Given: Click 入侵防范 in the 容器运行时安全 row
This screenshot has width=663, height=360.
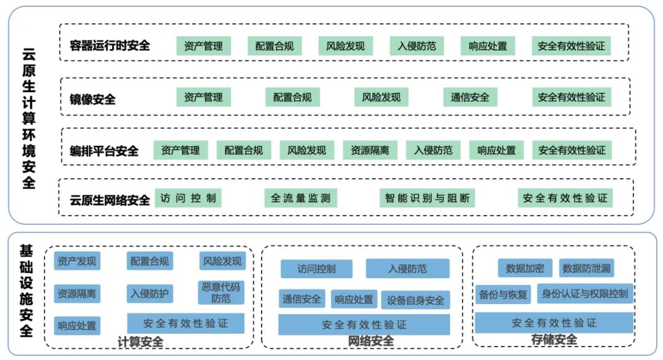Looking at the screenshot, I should pos(416,46).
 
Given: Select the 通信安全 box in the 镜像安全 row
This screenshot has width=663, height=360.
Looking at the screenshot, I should pos(470,97).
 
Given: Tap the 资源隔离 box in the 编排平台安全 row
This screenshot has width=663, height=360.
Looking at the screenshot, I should pos(370,150).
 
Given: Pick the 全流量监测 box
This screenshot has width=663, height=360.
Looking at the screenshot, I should pos(301,198).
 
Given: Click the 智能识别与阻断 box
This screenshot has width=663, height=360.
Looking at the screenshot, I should pos(427,198).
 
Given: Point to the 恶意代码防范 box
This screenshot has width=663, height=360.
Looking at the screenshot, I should pos(221,292).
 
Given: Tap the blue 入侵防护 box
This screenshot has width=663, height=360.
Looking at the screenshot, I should pos(149,294).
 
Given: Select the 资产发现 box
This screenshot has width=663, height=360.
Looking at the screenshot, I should pos(77,261).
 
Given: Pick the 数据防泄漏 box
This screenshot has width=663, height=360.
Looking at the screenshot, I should pos(587,268).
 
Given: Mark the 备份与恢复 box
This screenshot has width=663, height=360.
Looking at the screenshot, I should pos(503,294).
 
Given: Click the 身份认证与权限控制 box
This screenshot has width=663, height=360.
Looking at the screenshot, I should pos(585,294).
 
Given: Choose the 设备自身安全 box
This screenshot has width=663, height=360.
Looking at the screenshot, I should pos(415,300).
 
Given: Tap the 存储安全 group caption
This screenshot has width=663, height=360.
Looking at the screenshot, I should pos(554,340).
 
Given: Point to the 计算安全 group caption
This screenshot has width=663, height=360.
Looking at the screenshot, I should pos(140,342).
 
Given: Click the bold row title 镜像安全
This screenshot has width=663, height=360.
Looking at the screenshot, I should pos(93,98).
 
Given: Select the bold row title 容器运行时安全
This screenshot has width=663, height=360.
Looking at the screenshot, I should pos(110,45).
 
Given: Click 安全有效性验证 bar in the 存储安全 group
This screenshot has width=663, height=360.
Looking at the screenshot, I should pos(554,323).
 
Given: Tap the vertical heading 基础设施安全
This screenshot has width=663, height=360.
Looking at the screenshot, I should pos(27,291).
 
